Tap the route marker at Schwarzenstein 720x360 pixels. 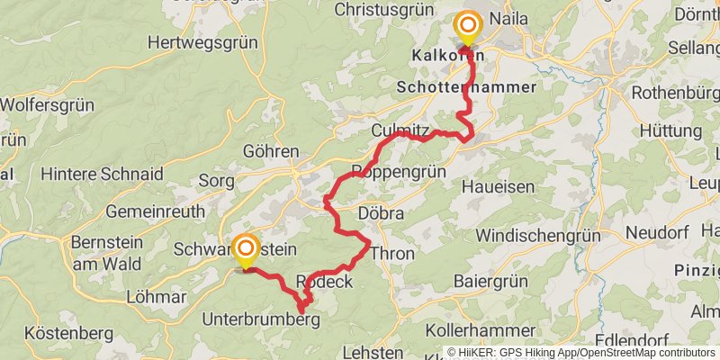pyautogui.click(x=246, y=249)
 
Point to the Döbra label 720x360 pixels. pyautogui.click(x=380, y=214)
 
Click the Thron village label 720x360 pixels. pyautogui.click(x=392, y=253)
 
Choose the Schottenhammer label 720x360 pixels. pyautogui.click(x=465, y=87)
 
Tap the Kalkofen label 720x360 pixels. pyautogui.click(x=442, y=56)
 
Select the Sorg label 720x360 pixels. pyautogui.click(x=216, y=180)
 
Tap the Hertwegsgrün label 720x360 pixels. pyautogui.click(x=202, y=41)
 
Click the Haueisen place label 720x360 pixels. pyautogui.click(x=498, y=186)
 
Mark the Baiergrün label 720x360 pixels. pyautogui.click(x=493, y=281)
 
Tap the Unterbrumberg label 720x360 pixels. pyautogui.click(x=261, y=319)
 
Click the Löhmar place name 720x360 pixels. pyautogui.click(x=156, y=297)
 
